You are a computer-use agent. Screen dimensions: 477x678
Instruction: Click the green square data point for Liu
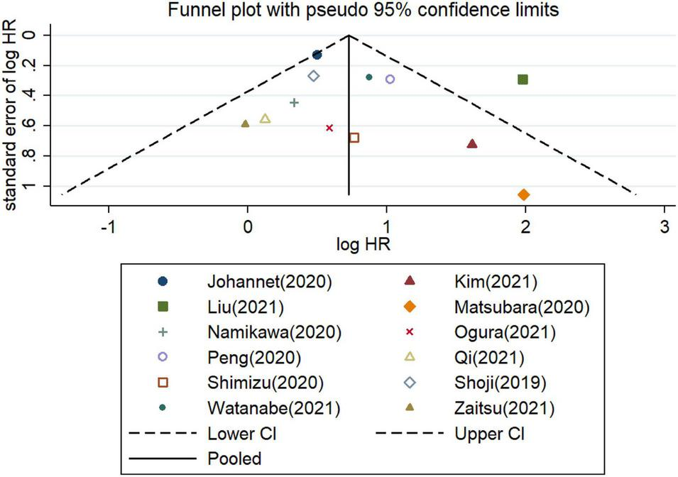click(523, 79)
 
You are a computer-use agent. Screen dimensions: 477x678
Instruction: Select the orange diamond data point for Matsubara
click(524, 194)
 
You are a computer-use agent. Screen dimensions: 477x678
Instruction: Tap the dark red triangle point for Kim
click(472, 144)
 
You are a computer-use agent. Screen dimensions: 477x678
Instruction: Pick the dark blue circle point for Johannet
click(317, 55)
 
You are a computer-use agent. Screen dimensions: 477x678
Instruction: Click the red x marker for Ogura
click(329, 128)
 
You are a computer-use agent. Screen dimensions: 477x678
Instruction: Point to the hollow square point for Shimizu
click(354, 138)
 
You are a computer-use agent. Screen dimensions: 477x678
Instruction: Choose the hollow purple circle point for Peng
click(390, 79)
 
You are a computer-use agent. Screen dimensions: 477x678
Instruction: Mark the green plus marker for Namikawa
click(294, 103)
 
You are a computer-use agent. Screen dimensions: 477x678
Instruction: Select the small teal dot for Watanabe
click(368, 77)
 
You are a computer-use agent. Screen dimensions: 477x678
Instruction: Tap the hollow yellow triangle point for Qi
click(265, 119)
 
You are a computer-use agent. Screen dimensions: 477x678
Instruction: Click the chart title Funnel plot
click(339, 11)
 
